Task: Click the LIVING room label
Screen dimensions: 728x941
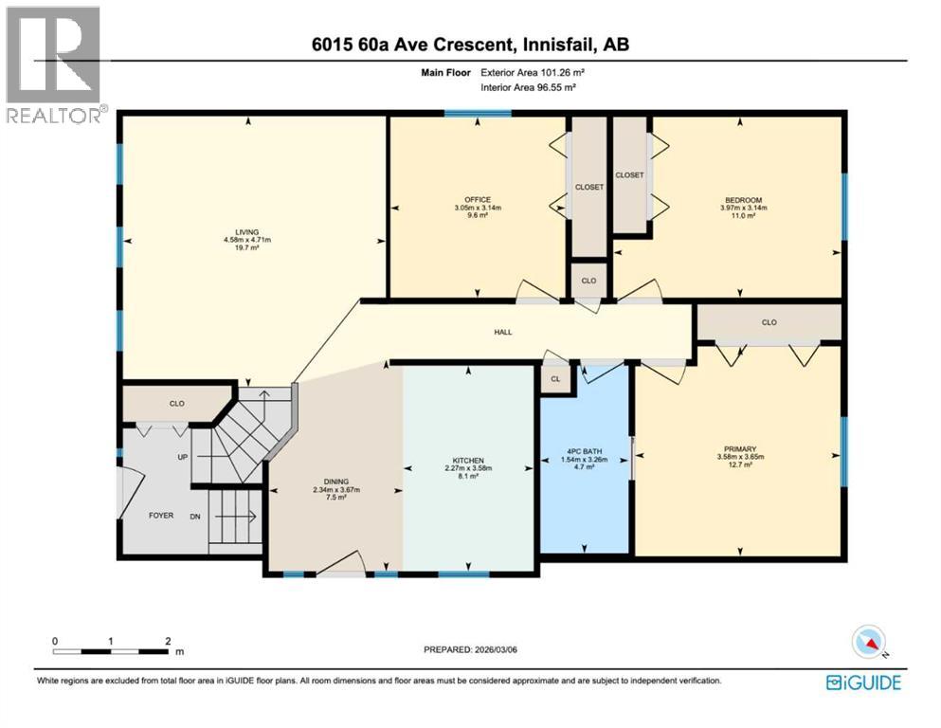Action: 246,231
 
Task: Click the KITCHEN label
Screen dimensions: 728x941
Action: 468,459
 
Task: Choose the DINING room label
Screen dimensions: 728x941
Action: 333,482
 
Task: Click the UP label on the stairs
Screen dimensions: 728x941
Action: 182,456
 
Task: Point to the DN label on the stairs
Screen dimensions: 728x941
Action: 195,517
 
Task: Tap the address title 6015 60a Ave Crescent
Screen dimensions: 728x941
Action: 470,44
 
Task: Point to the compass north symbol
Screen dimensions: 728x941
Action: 869,643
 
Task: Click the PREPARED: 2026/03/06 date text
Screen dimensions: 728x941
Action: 471,649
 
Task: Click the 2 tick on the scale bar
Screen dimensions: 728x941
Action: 168,642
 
